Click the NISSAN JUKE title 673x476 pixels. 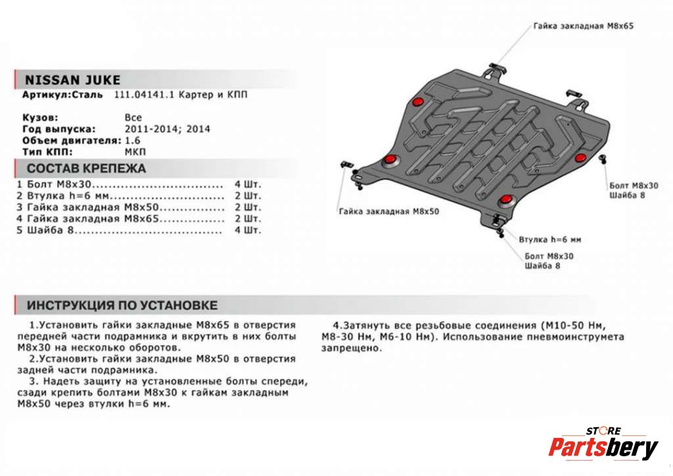(72, 80)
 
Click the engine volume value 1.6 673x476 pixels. (132, 140)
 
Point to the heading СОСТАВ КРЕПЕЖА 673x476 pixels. (86, 168)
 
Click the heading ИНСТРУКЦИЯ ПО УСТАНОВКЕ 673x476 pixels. (122, 306)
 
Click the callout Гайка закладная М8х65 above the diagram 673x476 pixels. (583, 26)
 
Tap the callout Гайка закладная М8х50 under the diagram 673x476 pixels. (389, 212)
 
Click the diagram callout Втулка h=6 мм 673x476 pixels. (549, 239)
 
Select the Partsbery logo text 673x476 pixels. (603, 449)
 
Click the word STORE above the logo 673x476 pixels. (603, 431)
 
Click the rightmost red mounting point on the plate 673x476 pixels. (580, 158)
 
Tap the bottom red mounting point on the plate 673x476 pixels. (505, 200)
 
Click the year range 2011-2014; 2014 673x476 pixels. (168, 129)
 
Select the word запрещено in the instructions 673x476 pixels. (352, 348)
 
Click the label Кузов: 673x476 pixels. (39, 118)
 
